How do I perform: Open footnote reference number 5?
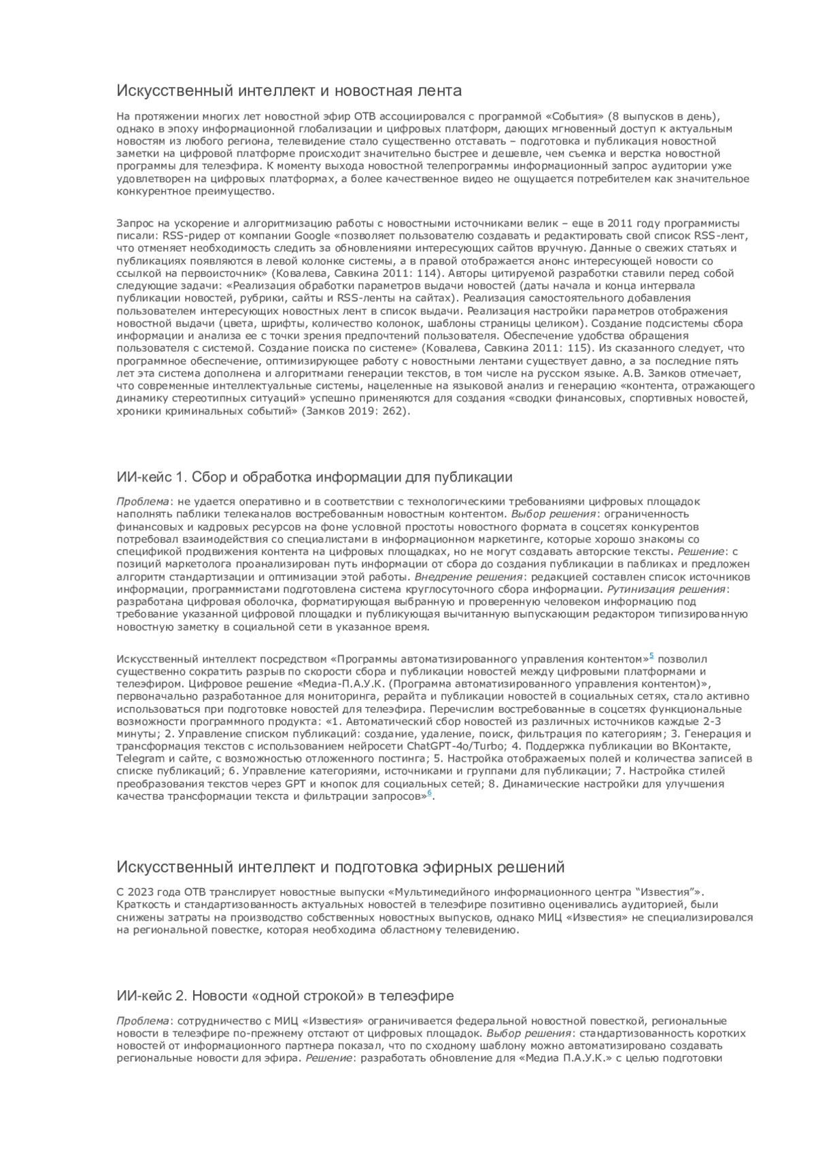[x=651, y=656]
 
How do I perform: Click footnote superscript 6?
[x=429, y=793]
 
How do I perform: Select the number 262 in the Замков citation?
[x=392, y=411]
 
